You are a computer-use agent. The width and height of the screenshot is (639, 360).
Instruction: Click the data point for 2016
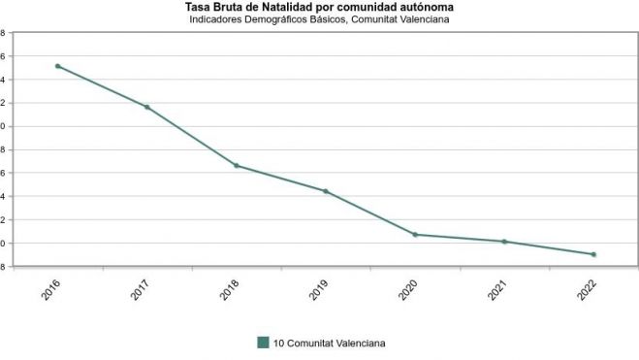(x=58, y=66)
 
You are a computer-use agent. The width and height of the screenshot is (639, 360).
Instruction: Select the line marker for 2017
(x=147, y=107)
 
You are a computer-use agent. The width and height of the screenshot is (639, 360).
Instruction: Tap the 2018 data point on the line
(x=237, y=166)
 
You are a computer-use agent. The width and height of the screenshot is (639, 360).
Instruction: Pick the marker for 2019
(x=326, y=191)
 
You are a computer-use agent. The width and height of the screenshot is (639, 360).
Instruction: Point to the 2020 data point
(x=415, y=235)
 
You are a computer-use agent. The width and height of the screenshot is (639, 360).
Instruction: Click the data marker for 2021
(x=504, y=242)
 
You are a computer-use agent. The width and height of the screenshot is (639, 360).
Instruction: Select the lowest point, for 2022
(x=593, y=254)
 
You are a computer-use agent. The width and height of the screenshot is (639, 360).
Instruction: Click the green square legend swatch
(x=263, y=342)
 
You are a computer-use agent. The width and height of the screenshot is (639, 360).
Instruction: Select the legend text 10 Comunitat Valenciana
(x=330, y=342)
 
